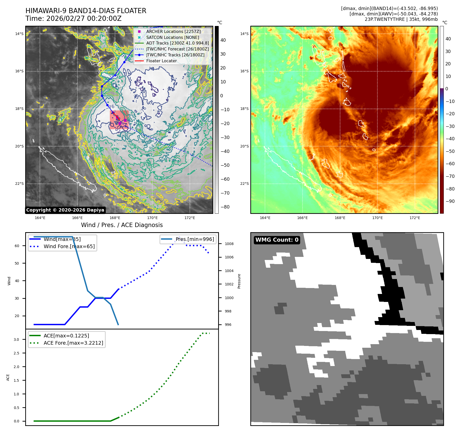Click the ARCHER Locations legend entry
click(x=173, y=31)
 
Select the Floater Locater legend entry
click(x=161, y=61)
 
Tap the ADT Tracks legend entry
click(x=178, y=43)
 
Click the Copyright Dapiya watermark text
click(x=65, y=210)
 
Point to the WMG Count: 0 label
click(x=277, y=240)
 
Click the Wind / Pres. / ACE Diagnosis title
click(x=122, y=225)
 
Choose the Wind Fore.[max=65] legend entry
click(x=69, y=246)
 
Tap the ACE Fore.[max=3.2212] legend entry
click(x=73, y=343)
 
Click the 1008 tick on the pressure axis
click(x=229, y=244)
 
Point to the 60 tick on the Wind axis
click(x=17, y=246)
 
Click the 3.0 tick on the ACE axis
click(x=16, y=340)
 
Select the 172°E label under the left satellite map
click(x=190, y=218)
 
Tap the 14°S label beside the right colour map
click(x=244, y=34)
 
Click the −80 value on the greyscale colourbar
click(x=225, y=207)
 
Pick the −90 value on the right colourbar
click(x=450, y=201)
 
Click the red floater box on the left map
click(x=119, y=119)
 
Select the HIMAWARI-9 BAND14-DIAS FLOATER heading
click(x=86, y=11)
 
